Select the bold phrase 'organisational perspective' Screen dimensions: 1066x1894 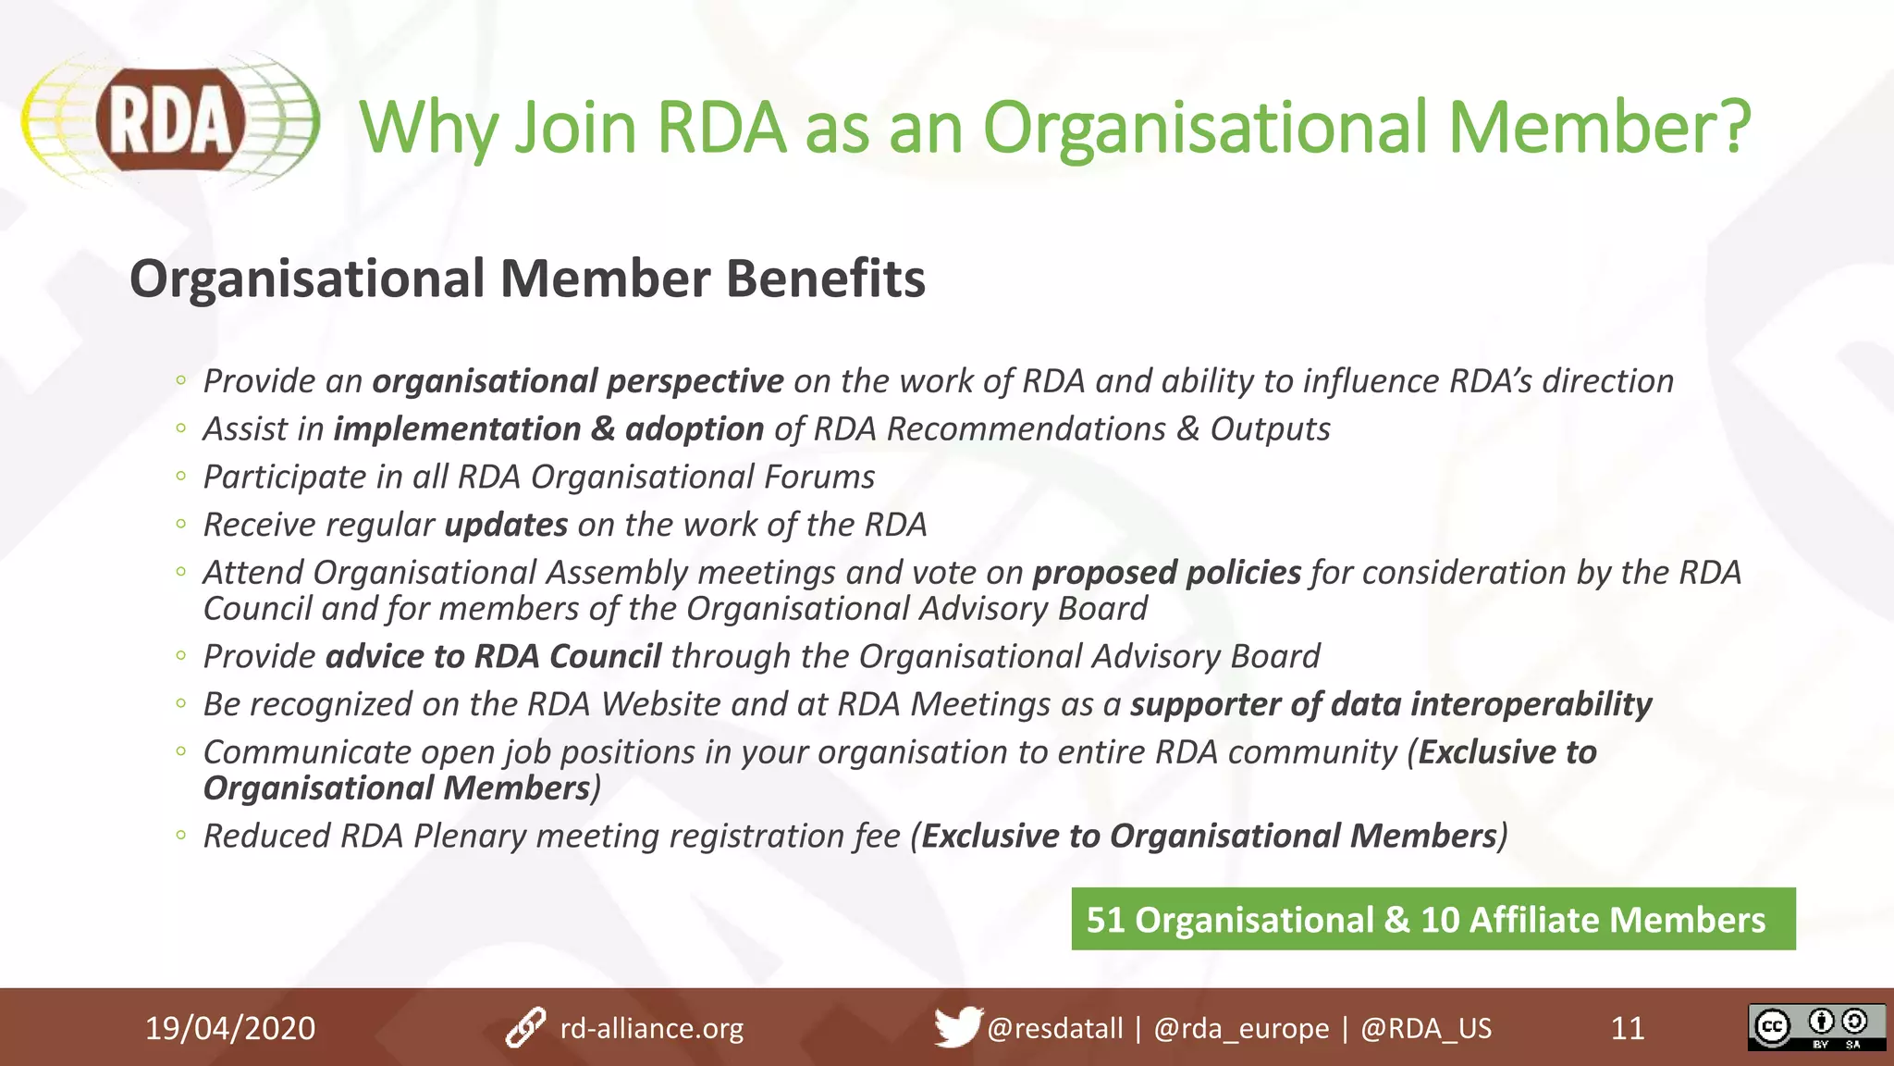tap(578, 381)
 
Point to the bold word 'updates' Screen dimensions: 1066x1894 tap(506, 525)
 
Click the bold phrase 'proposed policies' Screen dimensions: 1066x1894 tap(1166, 573)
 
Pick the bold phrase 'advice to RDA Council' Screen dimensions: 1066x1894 tap(493, 656)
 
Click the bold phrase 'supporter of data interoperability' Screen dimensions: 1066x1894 tap(1390, 704)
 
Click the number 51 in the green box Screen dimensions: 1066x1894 tap(1105, 920)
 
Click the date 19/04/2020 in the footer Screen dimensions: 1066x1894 tap(230, 1028)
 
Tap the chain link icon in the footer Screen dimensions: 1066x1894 tap(526, 1028)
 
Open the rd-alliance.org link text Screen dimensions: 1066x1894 tap(652, 1028)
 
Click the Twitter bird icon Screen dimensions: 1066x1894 tap(956, 1027)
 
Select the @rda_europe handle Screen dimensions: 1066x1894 tap(1241, 1028)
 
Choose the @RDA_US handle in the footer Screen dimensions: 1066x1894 tap(1426, 1028)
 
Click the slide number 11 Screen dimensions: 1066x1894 tap(1628, 1028)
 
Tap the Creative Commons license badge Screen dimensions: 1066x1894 tap(1816, 1027)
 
